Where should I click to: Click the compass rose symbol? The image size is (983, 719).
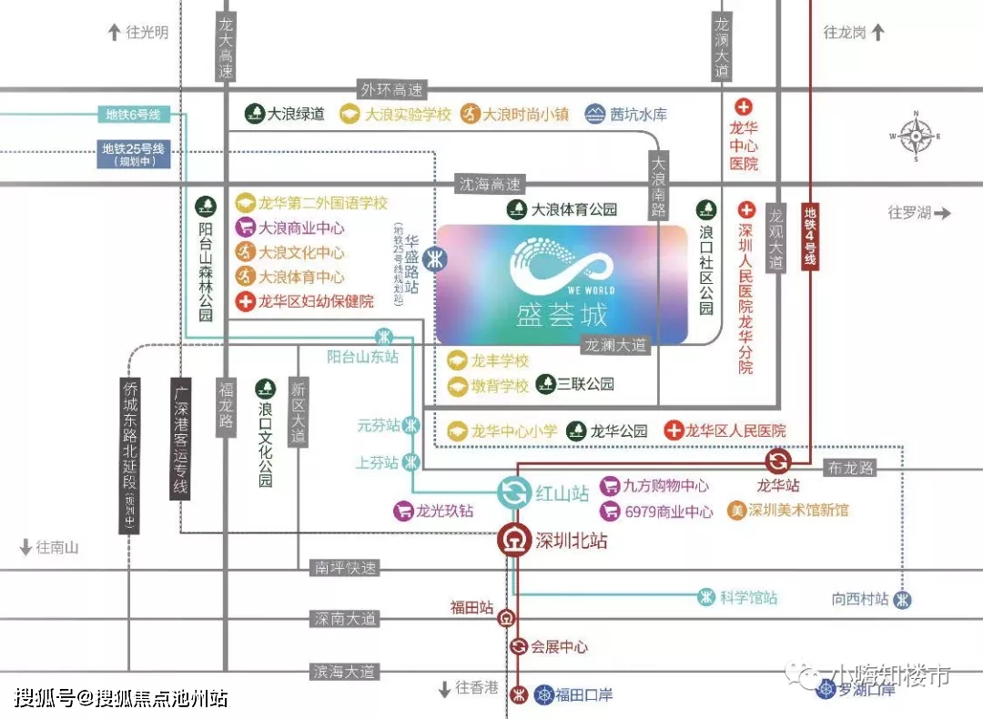(915, 137)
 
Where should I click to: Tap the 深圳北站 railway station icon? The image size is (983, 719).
(514, 540)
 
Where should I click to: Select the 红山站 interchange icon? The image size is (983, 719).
(514, 493)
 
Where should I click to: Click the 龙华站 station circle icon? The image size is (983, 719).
(778, 461)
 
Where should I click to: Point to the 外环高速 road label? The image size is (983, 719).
(392, 89)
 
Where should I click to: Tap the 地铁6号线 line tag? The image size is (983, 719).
(133, 115)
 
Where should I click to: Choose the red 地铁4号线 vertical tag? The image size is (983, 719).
(809, 235)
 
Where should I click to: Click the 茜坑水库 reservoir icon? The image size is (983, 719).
(595, 114)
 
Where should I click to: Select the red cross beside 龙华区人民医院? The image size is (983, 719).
(674, 430)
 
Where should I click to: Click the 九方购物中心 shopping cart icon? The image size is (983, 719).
(610, 487)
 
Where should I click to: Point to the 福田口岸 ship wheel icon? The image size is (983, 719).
(544, 694)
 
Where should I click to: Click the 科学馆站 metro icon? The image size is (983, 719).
(706, 597)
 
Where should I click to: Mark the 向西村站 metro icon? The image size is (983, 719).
(901, 599)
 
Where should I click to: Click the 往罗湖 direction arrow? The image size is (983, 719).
(941, 213)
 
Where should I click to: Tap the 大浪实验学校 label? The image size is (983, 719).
(408, 115)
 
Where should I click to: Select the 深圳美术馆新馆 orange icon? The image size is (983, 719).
(736, 511)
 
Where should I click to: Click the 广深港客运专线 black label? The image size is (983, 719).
(180, 438)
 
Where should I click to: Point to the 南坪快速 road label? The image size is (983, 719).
(344, 568)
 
